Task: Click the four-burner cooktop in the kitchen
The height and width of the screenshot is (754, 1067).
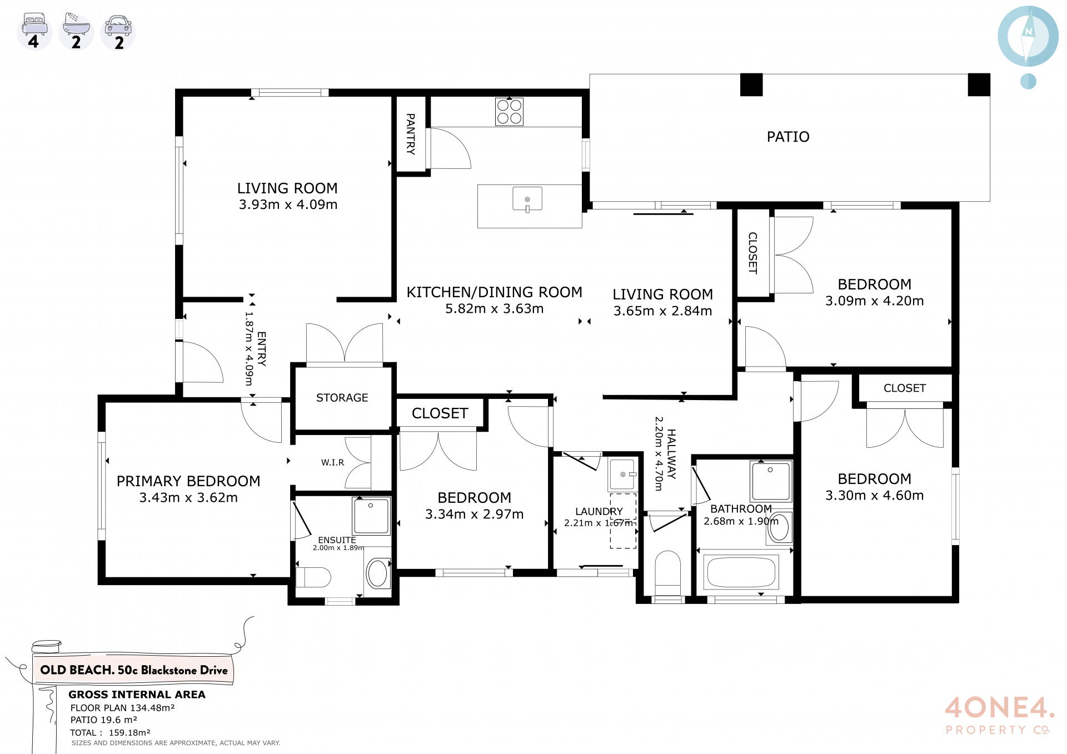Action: click(x=509, y=112)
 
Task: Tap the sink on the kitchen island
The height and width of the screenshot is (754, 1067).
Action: click(x=527, y=199)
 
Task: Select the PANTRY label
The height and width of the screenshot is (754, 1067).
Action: click(x=411, y=134)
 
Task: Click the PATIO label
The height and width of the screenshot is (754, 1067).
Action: click(x=788, y=137)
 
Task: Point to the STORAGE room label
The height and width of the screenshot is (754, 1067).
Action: click(x=342, y=398)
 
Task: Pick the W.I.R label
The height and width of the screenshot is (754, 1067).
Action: click(x=332, y=462)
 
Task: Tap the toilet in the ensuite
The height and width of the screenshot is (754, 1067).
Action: click(x=313, y=577)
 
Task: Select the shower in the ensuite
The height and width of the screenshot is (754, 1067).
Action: click(x=371, y=516)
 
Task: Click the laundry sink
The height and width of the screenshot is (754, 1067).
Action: click(x=622, y=474)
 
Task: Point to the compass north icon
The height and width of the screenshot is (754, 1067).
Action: click(x=1028, y=37)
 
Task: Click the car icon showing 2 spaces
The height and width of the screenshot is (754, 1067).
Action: click(x=118, y=32)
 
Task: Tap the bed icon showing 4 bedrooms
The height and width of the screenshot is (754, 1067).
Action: click(x=34, y=32)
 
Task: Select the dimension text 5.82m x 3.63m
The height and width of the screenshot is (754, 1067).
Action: click(x=494, y=309)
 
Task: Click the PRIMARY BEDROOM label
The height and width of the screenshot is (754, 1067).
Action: click(x=188, y=481)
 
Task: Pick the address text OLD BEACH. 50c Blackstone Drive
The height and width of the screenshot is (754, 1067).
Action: click(x=134, y=670)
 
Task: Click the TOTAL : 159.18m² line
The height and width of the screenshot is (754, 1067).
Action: click(x=110, y=733)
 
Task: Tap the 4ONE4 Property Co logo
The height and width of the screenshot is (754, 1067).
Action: click(x=999, y=716)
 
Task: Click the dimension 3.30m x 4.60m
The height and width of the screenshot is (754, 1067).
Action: click(x=874, y=496)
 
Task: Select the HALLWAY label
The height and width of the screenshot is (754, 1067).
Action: click(x=672, y=454)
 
